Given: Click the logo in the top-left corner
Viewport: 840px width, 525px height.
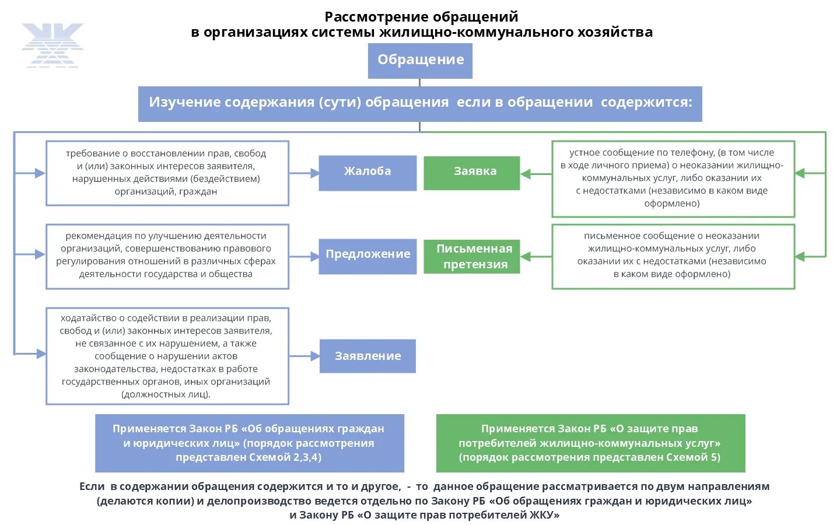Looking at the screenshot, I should point(52,45).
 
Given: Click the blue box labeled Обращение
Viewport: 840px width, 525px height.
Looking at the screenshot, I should point(420,60).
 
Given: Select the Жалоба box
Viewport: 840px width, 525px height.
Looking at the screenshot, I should point(367,173).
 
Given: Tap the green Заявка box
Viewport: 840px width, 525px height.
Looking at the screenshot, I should point(471,173).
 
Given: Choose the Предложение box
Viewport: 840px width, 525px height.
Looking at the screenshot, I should point(367,256).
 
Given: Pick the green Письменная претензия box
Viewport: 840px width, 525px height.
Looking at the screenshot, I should point(471,257).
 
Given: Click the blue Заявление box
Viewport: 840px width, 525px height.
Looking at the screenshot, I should point(367,356).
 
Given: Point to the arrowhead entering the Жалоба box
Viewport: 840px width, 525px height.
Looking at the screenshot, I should point(314,173).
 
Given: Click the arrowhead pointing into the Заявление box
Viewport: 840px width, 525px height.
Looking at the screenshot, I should point(315,356).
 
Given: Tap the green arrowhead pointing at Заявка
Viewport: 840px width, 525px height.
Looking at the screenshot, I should point(525,173).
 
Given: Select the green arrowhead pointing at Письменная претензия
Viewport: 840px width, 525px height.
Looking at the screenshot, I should point(525,257).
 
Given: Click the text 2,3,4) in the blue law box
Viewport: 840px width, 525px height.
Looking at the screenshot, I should point(307,457).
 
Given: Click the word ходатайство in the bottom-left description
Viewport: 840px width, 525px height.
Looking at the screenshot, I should point(88,318).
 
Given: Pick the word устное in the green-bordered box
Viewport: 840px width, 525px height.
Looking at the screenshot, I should point(584,153).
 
